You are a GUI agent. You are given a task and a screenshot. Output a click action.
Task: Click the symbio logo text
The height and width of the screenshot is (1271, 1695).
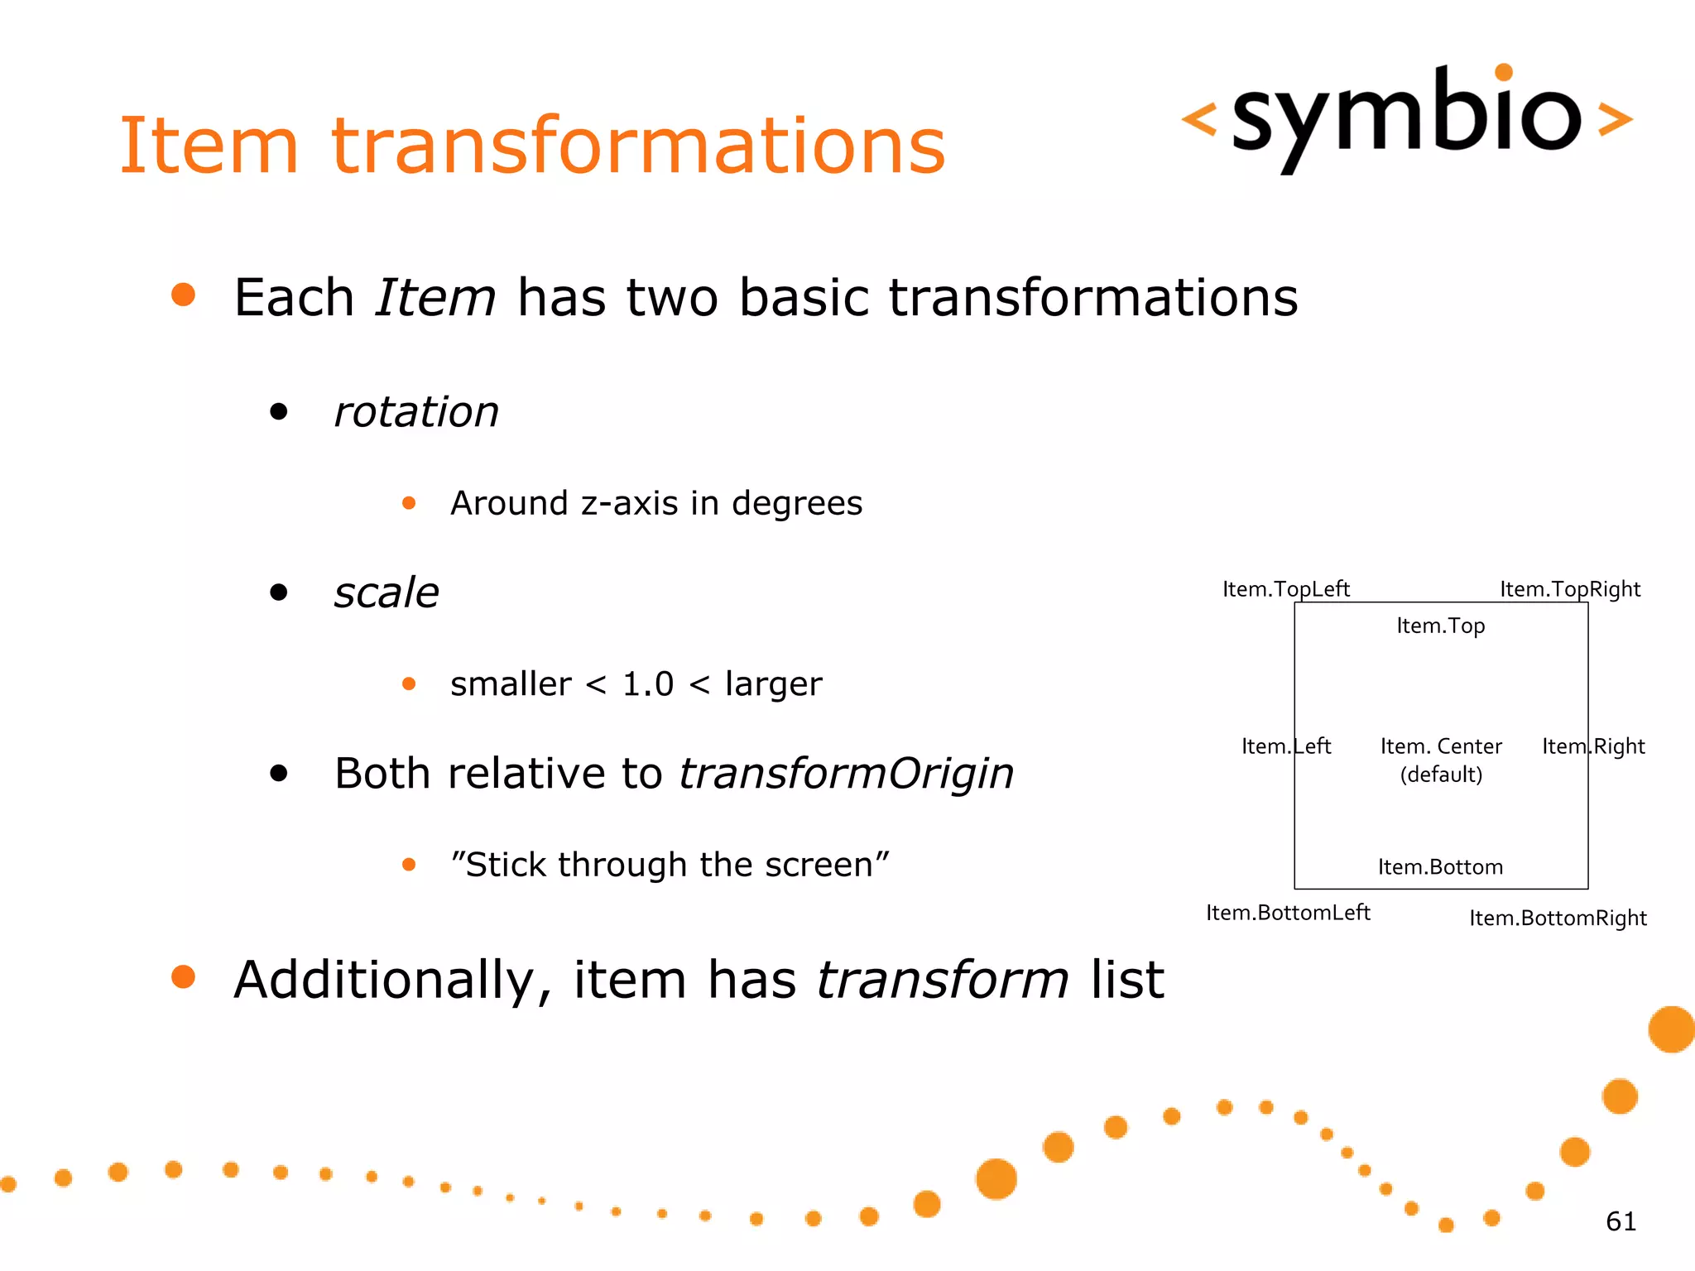[1406, 116]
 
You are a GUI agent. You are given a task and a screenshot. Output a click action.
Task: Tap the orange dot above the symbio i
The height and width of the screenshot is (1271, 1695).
[1504, 72]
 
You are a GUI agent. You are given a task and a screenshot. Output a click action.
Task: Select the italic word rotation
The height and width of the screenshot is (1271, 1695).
[416, 412]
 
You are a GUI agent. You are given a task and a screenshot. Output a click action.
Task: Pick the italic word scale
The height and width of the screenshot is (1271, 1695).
[387, 592]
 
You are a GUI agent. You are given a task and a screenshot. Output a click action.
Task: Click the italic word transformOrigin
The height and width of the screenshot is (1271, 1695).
[846, 774]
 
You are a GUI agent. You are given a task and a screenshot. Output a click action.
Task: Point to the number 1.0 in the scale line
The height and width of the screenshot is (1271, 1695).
[647, 684]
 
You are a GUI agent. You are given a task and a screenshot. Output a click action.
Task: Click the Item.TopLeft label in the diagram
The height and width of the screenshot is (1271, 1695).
[1285, 589]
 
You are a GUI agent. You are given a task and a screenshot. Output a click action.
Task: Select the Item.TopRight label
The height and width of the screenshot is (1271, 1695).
[1569, 589]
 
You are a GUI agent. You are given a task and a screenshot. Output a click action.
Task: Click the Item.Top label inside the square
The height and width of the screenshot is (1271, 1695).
[1440, 626]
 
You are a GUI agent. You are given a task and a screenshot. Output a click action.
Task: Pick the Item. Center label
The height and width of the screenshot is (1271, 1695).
[1440, 746]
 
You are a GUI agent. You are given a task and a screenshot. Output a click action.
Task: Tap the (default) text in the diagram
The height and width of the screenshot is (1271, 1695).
[1440, 775]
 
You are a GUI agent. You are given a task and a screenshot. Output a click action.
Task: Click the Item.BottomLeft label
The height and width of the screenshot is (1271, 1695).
[1288, 913]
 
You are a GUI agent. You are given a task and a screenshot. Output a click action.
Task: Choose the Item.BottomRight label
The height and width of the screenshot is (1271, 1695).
[1558, 918]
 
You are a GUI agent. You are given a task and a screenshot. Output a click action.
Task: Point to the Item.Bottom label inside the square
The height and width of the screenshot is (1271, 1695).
[1440, 867]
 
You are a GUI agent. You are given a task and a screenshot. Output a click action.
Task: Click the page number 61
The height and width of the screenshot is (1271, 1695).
[1621, 1221]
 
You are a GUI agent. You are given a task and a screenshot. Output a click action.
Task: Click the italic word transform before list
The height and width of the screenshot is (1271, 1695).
[943, 980]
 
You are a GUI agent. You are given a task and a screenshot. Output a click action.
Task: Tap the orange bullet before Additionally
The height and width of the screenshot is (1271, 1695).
[183, 976]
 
